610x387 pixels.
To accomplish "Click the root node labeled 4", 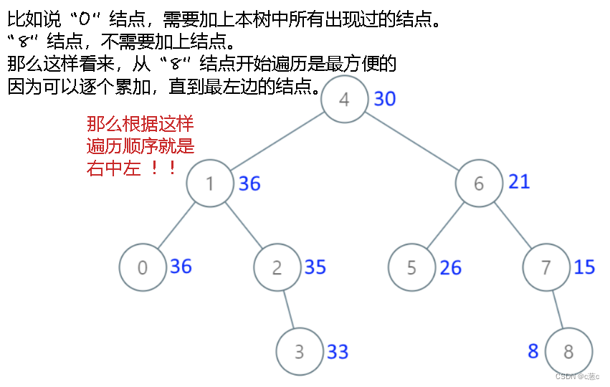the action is pos(345,99).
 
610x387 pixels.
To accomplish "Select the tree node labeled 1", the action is pos(210,183).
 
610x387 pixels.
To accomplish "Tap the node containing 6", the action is pos(480,183).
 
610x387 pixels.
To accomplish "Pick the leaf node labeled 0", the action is pos(143,267).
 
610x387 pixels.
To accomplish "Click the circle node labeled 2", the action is pos(277,267).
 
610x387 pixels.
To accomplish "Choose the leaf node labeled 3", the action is pos(300,352).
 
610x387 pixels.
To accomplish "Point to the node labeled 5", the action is pos(412,267).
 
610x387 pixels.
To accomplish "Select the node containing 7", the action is pos(547,267).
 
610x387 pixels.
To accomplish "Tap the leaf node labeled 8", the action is pos(569,352).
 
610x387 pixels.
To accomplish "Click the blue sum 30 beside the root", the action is pos(385,99).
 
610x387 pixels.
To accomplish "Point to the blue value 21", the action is pos(519,182).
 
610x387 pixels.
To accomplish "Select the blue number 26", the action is pos(451,268).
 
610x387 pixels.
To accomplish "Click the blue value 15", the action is pos(585,267).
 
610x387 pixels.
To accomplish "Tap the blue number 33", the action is pos(338,352).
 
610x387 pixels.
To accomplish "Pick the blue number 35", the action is pos(315,267).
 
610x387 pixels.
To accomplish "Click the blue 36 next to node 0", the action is pos(181,267).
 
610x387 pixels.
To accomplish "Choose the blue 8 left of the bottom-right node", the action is pos(533,351).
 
